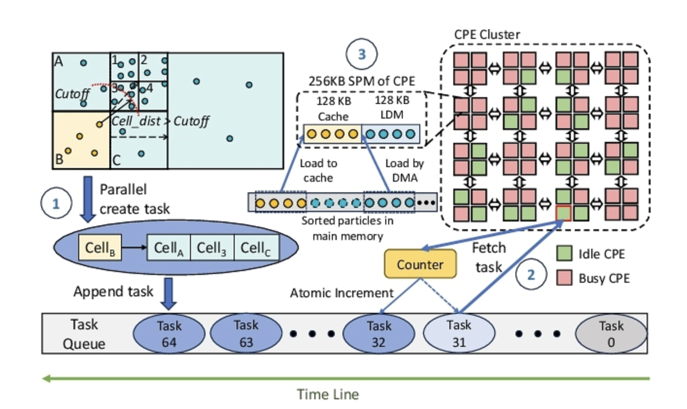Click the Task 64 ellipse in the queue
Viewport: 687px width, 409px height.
point(169,334)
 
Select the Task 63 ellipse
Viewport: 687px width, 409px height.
point(246,334)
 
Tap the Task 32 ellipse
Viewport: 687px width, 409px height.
point(378,334)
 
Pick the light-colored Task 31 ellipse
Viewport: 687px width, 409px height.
point(459,334)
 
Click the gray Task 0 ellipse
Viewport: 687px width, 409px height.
point(611,334)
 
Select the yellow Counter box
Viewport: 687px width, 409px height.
point(420,264)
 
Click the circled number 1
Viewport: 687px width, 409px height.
point(56,203)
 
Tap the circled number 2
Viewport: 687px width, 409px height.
point(531,274)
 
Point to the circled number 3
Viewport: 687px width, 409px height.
point(361,54)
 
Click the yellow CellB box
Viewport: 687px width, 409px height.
point(100,248)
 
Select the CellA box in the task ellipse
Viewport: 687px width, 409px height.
point(169,248)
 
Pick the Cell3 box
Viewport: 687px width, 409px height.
point(212,248)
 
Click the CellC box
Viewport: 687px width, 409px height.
point(256,248)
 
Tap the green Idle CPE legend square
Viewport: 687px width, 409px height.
point(564,254)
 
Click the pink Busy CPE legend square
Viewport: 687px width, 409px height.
point(564,278)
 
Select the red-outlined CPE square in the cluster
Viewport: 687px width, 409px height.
point(564,213)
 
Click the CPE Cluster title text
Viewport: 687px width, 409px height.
point(487,34)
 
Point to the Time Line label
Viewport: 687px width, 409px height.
point(328,394)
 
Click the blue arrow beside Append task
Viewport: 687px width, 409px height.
point(168,293)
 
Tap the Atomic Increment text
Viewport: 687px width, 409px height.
point(342,293)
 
